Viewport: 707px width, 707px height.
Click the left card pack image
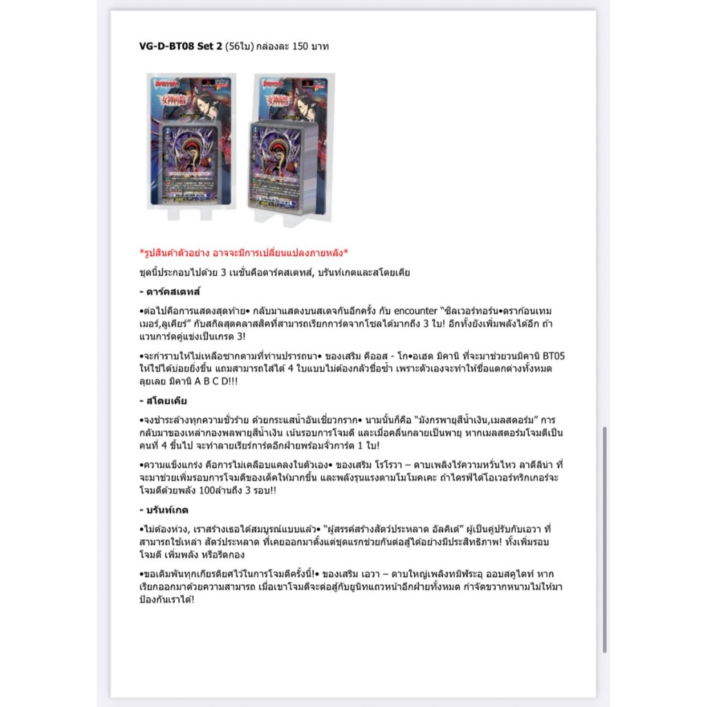191,143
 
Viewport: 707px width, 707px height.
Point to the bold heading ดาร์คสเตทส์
170,291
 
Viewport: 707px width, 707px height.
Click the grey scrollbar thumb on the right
605,539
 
